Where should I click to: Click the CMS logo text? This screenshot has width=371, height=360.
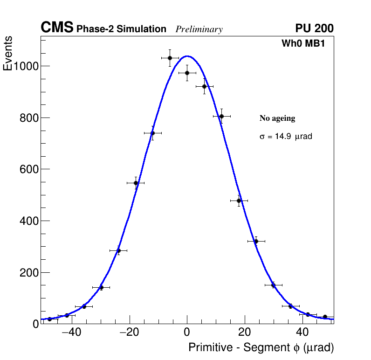pyautogui.click(x=57, y=28)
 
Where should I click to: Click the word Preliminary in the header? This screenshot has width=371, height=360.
pyautogui.click(x=199, y=29)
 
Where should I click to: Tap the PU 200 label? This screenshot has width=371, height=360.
pyautogui.click(x=314, y=28)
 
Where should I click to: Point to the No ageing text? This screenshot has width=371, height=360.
pyautogui.click(x=277, y=118)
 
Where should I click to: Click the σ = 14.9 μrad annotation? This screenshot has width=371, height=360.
pyautogui.click(x=285, y=137)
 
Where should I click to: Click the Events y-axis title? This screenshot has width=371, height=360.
pyautogui.click(x=8, y=54)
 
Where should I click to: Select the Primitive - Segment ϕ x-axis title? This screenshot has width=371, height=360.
pyautogui.click(x=261, y=348)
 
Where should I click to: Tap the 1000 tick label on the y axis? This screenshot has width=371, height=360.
pyautogui.click(x=26, y=66)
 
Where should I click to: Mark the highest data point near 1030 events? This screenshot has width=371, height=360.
pyautogui.click(x=170, y=58)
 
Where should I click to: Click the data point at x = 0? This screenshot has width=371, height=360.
pyautogui.click(x=187, y=73)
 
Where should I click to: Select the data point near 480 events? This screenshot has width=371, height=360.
pyautogui.click(x=239, y=201)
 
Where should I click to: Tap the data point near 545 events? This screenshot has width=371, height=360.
pyautogui.click(x=136, y=183)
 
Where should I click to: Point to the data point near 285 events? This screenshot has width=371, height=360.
pyautogui.click(x=118, y=250)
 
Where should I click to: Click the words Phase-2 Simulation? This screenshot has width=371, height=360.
pyautogui.click(x=121, y=29)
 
